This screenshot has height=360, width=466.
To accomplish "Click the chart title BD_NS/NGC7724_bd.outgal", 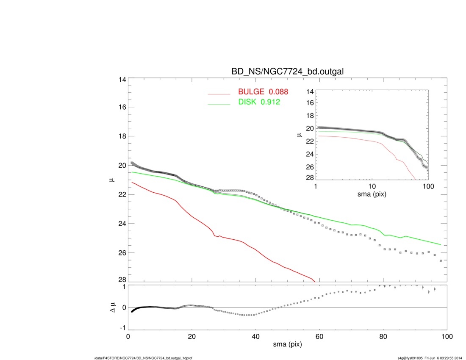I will (287, 72).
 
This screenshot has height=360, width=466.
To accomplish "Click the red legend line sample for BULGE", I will (219, 94).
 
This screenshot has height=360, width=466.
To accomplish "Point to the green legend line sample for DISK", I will (219, 104).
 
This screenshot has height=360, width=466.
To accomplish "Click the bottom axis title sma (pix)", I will (287, 345).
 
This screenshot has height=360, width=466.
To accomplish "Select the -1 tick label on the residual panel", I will (122, 328).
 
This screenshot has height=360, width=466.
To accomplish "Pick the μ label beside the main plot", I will (112, 180).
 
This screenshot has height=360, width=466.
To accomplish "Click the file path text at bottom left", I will (144, 358).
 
